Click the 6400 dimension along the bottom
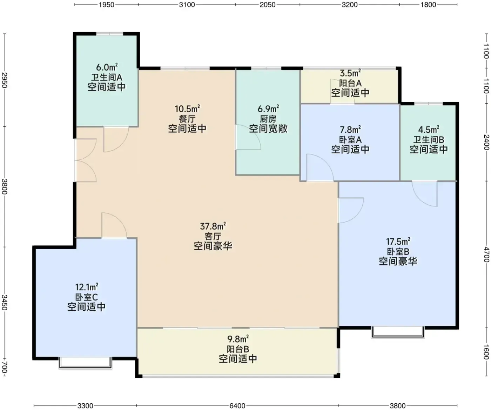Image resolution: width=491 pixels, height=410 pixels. click(x=237, y=405)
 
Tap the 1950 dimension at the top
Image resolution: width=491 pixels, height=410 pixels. click(x=106, y=5)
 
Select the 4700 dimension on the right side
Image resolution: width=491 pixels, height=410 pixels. click(x=486, y=254)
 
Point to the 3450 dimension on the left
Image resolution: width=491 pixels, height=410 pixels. click(x=5, y=302)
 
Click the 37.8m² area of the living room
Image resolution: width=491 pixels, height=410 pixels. click(x=213, y=226)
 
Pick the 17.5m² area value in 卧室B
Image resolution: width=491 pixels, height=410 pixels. click(x=398, y=242)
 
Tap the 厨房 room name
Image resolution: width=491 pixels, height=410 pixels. click(x=268, y=119)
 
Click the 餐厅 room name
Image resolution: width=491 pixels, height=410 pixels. click(x=187, y=119)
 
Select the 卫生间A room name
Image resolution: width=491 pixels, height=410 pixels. click(x=107, y=77)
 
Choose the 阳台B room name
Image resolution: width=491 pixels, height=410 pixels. click(x=238, y=349)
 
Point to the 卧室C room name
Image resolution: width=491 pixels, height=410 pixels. click(x=86, y=297)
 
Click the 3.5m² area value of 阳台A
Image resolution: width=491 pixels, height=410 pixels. click(x=350, y=73)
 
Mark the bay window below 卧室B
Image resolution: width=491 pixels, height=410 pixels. click(x=398, y=332)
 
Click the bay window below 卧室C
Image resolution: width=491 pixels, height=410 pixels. click(x=85, y=363)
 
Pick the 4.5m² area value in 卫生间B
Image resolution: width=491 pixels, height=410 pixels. click(x=429, y=130)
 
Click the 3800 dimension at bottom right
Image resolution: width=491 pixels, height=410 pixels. click(x=397, y=405)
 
